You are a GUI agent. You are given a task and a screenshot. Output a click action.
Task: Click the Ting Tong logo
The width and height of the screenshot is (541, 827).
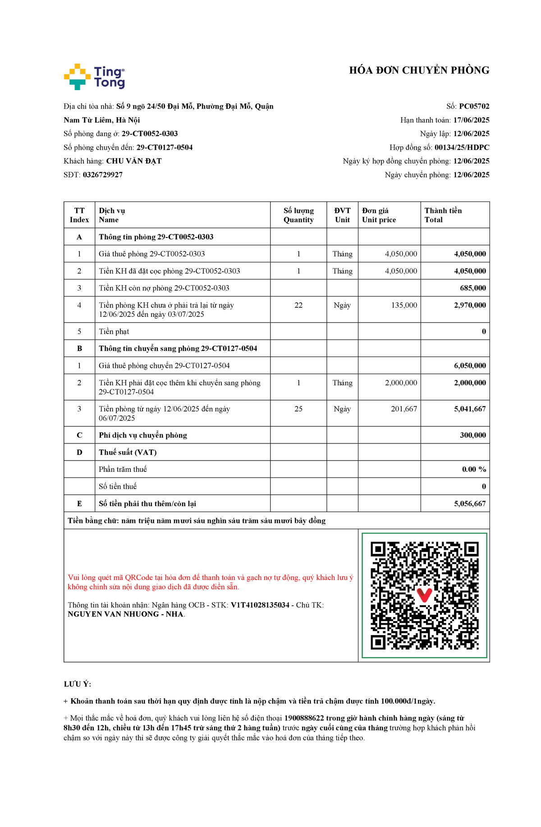(x=94, y=77)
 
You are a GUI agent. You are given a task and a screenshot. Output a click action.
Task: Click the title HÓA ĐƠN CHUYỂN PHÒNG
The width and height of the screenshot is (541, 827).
(x=419, y=70)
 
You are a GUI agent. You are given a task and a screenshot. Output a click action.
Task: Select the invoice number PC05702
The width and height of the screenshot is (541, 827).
(x=474, y=106)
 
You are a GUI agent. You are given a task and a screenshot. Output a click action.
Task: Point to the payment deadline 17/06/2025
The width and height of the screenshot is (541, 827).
(x=471, y=120)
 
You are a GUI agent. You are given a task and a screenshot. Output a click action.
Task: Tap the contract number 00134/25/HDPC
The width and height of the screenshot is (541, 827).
(x=462, y=147)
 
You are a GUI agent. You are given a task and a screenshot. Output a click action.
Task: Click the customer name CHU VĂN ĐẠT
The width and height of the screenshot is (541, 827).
(x=133, y=161)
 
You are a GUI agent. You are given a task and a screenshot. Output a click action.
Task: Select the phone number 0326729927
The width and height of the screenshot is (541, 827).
(x=102, y=175)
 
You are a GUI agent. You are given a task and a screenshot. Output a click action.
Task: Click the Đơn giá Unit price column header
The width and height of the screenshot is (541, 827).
(x=379, y=215)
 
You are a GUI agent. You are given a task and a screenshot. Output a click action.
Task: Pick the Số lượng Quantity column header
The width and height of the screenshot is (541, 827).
(x=298, y=215)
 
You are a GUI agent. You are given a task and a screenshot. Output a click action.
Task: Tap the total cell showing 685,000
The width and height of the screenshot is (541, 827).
(x=473, y=288)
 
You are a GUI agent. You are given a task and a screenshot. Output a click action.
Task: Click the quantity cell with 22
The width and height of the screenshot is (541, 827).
(x=298, y=305)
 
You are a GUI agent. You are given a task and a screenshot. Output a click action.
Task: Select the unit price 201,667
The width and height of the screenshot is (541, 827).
(x=404, y=409)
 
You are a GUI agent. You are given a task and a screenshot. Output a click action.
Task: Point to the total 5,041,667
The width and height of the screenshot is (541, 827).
(x=470, y=409)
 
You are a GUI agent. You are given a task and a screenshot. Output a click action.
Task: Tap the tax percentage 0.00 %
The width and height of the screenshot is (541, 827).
(x=474, y=469)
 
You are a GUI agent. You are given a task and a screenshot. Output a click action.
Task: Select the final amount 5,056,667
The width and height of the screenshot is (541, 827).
(x=470, y=503)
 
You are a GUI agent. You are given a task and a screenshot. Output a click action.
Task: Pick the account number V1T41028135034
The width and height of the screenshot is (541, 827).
(x=260, y=605)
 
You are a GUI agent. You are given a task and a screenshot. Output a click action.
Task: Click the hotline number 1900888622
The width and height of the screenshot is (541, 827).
(x=304, y=718)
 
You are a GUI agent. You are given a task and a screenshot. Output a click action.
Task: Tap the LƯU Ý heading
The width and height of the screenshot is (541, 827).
(x=78, y=684)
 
